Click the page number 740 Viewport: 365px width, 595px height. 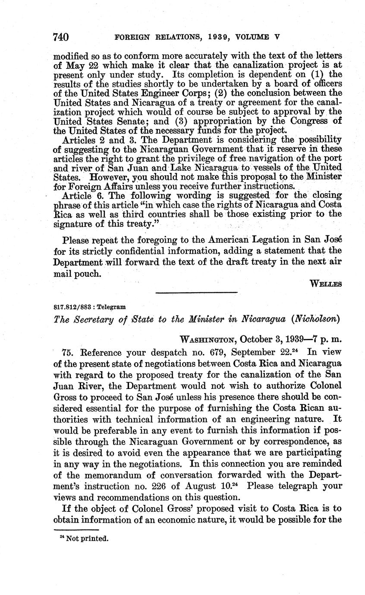[60, 37]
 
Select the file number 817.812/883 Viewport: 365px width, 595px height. [72, 307]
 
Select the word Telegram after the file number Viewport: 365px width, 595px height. [112, 307]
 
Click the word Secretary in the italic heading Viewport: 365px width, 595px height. [95, 319]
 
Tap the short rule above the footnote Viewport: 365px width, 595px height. [76, 530]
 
